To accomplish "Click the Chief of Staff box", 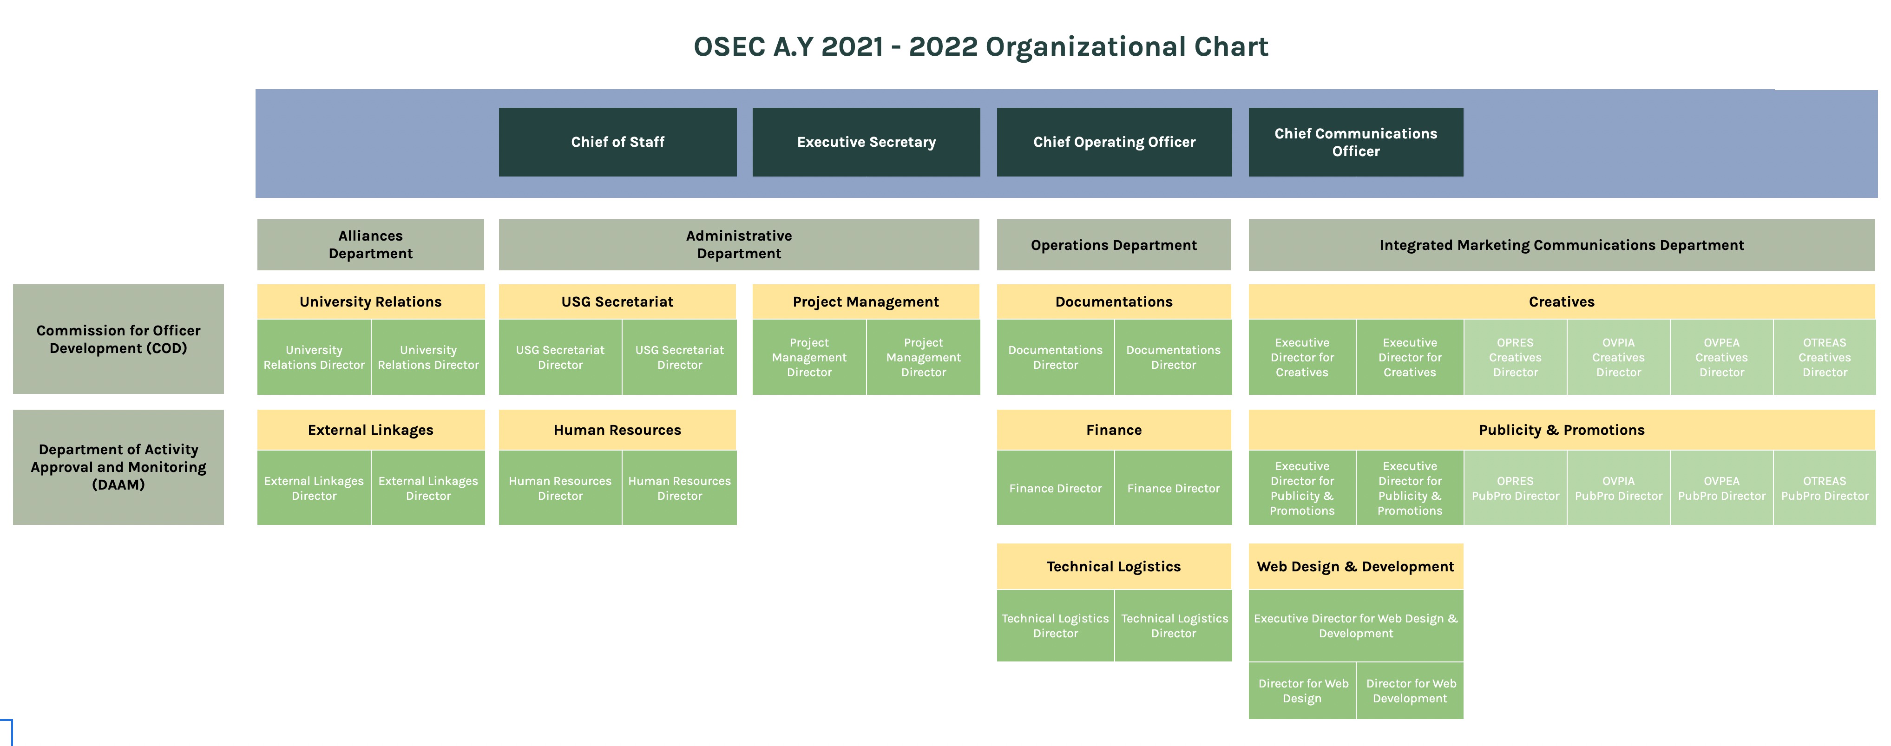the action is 617,142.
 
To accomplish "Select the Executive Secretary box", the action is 866,142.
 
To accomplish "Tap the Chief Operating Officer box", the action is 1114,142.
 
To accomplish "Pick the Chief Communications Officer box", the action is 1356,142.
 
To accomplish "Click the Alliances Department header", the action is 371,244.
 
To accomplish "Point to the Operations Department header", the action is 1114,244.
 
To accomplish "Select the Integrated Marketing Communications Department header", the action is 1562,244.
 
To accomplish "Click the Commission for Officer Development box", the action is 118,339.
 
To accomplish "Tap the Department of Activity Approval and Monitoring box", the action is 118,467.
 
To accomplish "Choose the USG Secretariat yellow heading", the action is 617,302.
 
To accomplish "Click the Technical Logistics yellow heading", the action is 1114,566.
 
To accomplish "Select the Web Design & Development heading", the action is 1356,566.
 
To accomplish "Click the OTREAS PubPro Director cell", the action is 1825,488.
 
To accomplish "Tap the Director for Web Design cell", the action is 1302,691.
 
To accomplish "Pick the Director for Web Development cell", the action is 1410,691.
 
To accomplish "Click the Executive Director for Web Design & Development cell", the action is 1356,626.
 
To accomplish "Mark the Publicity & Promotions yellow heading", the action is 1562,430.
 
